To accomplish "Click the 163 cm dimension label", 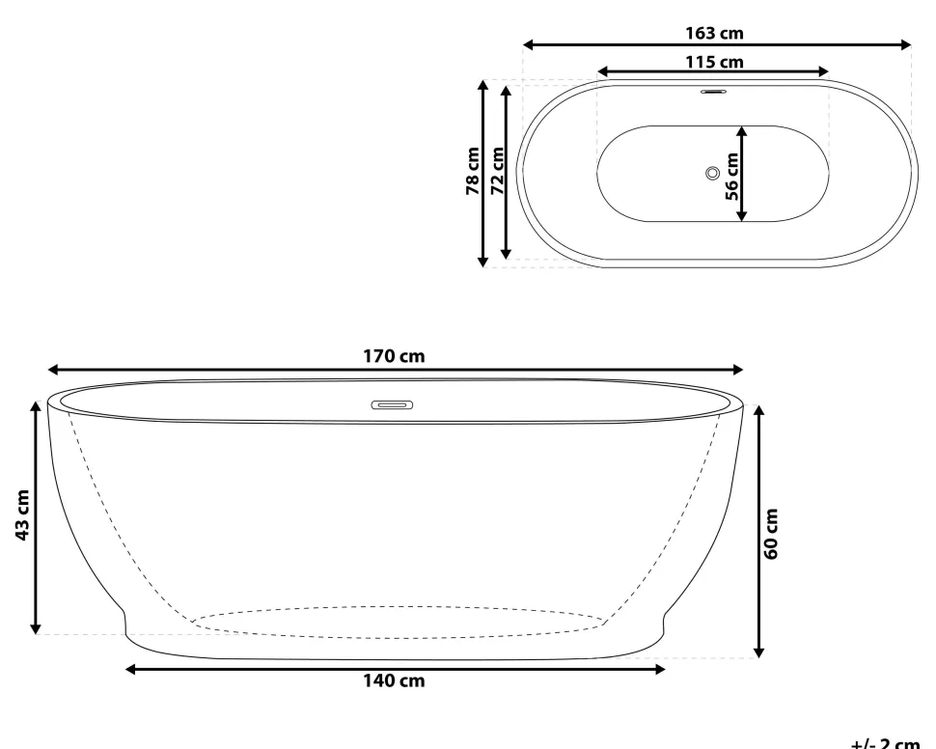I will pyautogui.click(x=714, y=33).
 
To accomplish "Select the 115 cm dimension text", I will pyautogui.click(x=714, y=62).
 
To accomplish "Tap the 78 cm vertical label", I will pyautogui.click(x=473, y=172).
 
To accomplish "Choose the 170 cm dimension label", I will pyautogui.click(x=394, y=356).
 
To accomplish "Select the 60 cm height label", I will pyautogui.click(x=771, y=530).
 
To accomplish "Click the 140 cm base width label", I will pyautogui.click(x=394, y=681).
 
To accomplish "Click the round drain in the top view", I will pyautogui.click(x=712, y=173).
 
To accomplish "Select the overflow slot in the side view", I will pyautogui.click(x=392, y=405).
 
